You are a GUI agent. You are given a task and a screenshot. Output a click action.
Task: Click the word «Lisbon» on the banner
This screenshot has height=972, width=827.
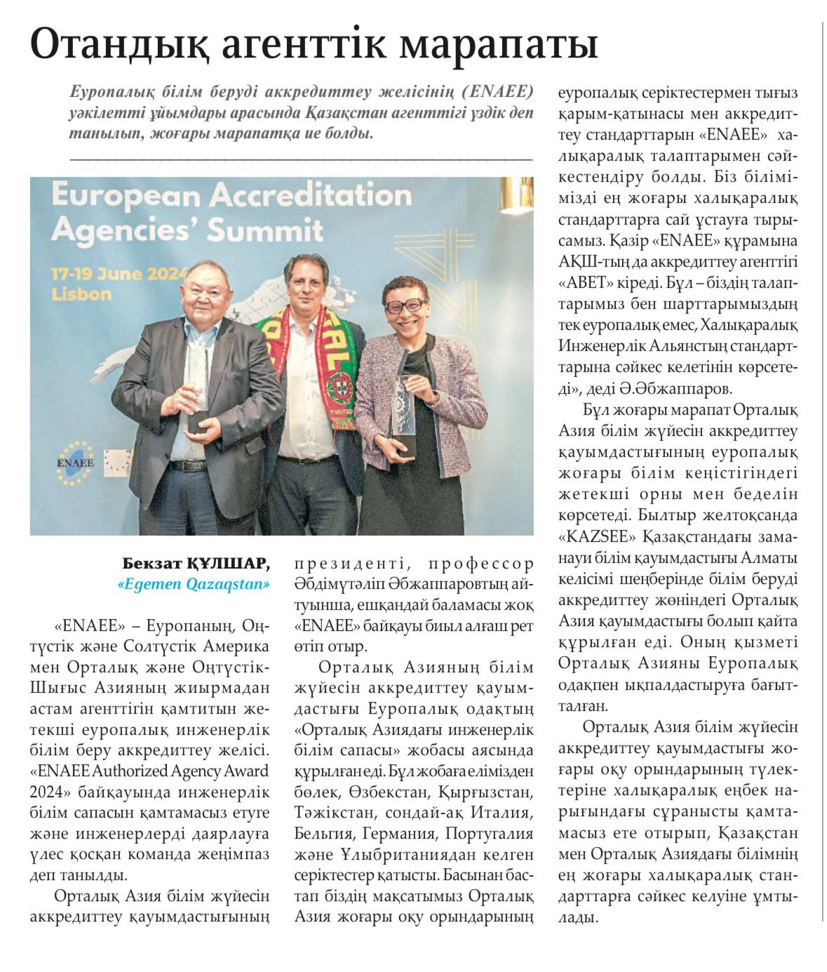(81, 294)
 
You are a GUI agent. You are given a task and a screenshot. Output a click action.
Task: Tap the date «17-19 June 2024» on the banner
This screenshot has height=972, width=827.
(119, 274)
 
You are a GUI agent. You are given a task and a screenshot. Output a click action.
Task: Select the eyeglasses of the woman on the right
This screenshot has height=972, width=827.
(405, 305)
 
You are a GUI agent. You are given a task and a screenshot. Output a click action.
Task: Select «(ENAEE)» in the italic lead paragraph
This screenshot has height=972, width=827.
(497, 92)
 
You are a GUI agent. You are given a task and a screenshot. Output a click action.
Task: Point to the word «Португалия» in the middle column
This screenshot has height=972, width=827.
(488, 834)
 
